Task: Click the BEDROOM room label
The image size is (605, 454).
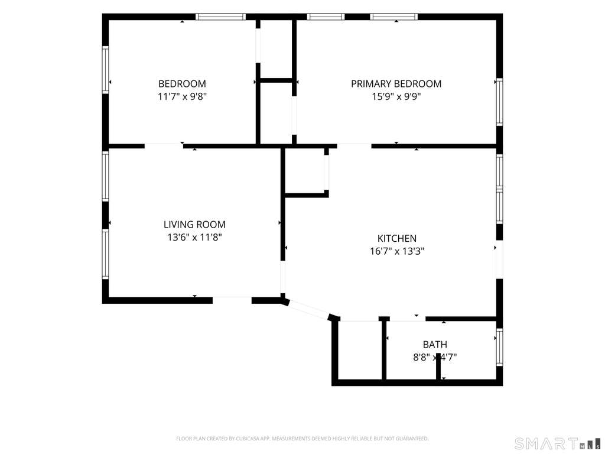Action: click(x=182, y=84)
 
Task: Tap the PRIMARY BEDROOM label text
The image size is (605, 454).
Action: click(x=396, y=84)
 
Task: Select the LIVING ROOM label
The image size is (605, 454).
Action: click(x=194, y=224)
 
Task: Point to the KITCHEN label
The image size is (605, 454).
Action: click(x=397, y=238)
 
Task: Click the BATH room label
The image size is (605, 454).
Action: click(x=435, y=345)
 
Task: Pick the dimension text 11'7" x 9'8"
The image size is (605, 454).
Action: click(x=182, y=96)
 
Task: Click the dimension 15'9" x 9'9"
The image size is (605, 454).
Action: click(x=396, y=96)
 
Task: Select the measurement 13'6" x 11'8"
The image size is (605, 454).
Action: click(x=194, y=237)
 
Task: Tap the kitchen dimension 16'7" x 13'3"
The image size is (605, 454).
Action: click(x=397, y=251)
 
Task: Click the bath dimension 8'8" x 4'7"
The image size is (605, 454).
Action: click(x=435, y=357)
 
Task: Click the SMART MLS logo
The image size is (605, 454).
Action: click(x=558, y=443)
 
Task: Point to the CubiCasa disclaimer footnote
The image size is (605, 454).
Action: click(x=302, y=439)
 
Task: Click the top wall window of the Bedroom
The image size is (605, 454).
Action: click(x=220, y=17)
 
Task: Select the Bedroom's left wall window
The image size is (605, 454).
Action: click(x=105, y=70)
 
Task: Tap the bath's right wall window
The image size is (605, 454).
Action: click(x=500, y=347)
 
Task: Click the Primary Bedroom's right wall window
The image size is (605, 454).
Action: click(x=500, y=102)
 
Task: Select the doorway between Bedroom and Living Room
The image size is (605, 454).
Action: click(x=164, y=145)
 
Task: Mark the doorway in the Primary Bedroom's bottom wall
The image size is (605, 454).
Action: click(x=354, y=145)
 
